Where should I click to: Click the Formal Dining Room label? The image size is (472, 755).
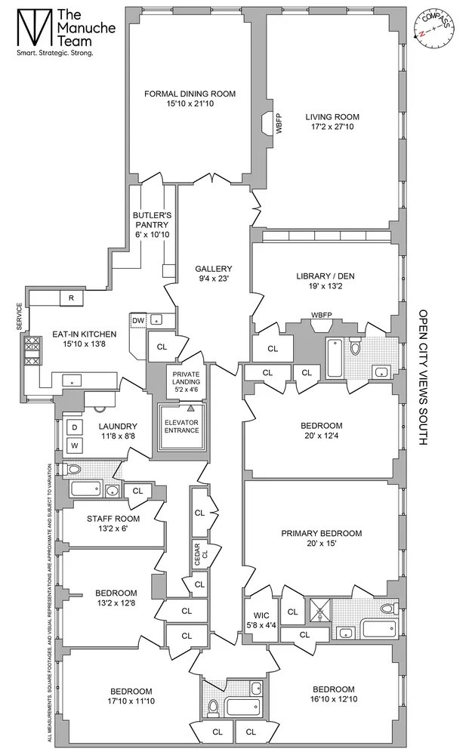tap(190, 94)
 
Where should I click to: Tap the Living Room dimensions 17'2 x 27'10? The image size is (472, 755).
tap(332, 129)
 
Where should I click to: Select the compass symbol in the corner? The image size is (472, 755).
tap(433, 29)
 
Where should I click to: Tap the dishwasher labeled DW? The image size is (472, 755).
tap(138, 320)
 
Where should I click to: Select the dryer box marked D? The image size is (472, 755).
tap(74, 427)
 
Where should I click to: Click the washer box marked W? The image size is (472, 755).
tap(74, 445)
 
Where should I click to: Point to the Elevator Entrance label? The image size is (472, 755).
tap(182, 426)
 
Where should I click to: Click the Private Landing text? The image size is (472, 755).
tap(185, 379)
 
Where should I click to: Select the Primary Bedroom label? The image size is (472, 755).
tap(321, 533)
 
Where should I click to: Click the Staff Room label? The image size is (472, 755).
tap(111, 519)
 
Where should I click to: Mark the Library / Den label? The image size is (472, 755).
tap(325, 276)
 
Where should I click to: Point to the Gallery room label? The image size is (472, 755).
tap(212, 269)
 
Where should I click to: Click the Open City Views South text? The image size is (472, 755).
tap(422, 378)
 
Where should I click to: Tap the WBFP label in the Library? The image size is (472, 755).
tap(322, 314)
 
